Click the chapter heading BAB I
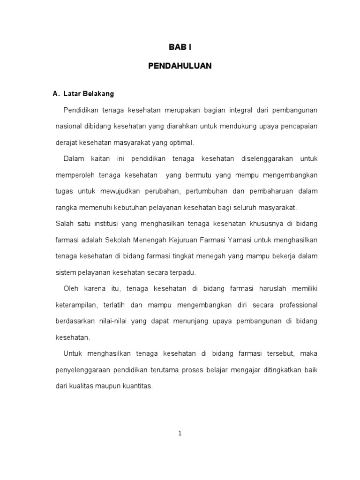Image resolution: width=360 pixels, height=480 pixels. point(180,47)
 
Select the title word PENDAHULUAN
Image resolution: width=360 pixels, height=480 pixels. point(180,66)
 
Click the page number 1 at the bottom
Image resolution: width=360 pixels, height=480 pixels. point(180,433)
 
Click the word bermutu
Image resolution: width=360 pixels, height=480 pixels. point(201,175)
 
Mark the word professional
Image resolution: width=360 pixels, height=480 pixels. point(298,305)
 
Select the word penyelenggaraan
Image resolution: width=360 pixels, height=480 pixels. point(83,370)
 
